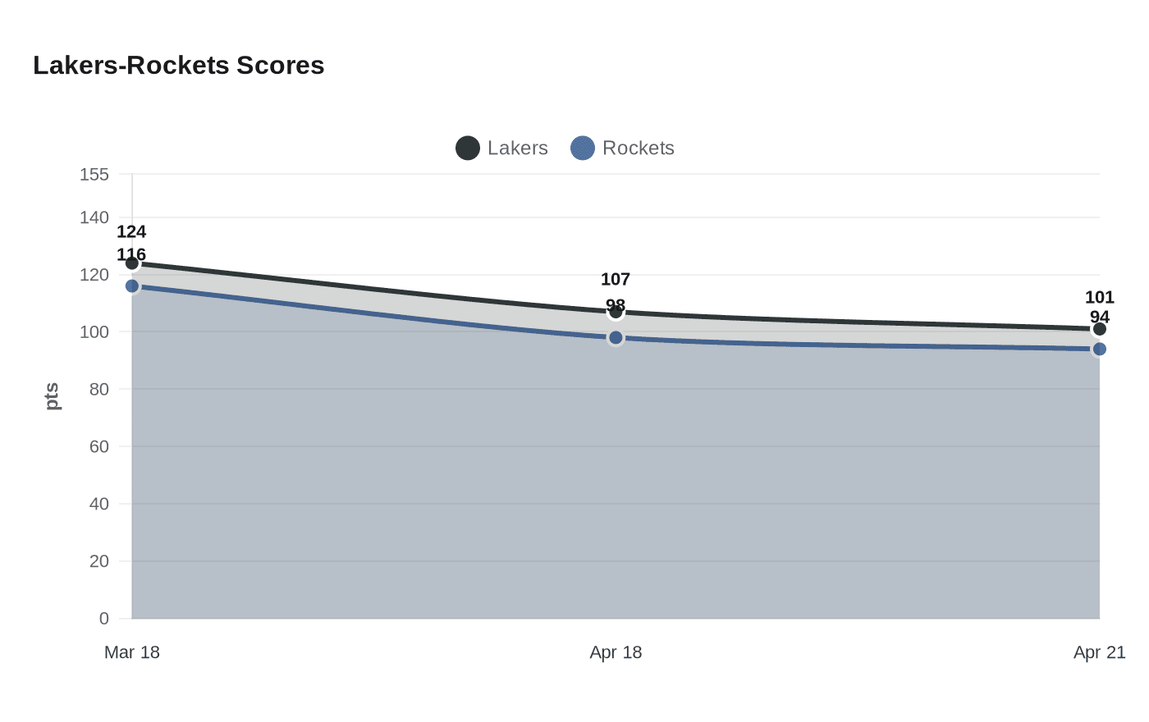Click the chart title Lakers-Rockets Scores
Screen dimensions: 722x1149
(179, 66)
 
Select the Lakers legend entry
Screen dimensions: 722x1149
(502, 149)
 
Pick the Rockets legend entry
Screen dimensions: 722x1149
(623, 149)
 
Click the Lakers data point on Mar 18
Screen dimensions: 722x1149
(132, 263)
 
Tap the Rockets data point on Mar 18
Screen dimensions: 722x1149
(132, 286)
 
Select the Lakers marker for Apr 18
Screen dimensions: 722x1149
(616, 312)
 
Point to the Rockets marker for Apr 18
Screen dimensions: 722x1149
(616, 338)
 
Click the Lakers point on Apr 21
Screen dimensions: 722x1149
(1100, 329)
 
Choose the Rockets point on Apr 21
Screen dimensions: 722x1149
(1100, 350)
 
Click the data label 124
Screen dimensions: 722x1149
(131, 232)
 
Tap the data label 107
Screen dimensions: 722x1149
(616, 280)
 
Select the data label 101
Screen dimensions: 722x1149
(1100, 298)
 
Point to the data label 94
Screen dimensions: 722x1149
(1100, 318)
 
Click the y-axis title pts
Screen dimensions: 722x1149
(53, 396)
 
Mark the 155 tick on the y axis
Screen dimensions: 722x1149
(94, 175)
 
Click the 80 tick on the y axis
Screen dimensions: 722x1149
(99, 390)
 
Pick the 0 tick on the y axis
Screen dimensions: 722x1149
(104, 619)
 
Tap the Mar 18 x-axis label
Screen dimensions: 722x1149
(132, 653)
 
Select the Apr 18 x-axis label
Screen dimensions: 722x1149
(616, 653)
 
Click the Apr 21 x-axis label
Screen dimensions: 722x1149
(1100, 653)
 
